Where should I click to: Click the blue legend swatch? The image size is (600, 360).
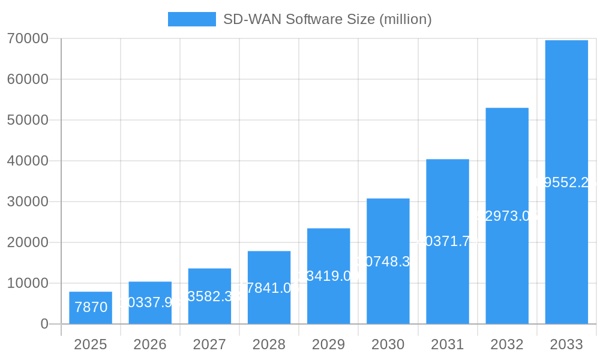191,19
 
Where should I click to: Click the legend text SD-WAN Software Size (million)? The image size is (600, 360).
327,19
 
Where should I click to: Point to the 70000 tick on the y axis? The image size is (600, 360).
28,38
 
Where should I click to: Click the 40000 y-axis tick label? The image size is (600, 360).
28,161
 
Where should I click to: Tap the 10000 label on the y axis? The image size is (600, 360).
28,283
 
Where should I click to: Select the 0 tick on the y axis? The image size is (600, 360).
44,324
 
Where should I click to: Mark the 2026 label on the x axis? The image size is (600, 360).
150,344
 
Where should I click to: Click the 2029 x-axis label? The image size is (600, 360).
328,344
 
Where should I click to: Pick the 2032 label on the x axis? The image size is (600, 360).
507,344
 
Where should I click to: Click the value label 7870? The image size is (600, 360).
91,307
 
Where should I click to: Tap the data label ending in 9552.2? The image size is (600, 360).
566,182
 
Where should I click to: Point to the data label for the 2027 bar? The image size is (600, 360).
209,296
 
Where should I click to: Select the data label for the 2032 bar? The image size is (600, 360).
507,216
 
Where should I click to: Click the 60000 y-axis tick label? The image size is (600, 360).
28,79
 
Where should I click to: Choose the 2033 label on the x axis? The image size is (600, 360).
566,344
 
